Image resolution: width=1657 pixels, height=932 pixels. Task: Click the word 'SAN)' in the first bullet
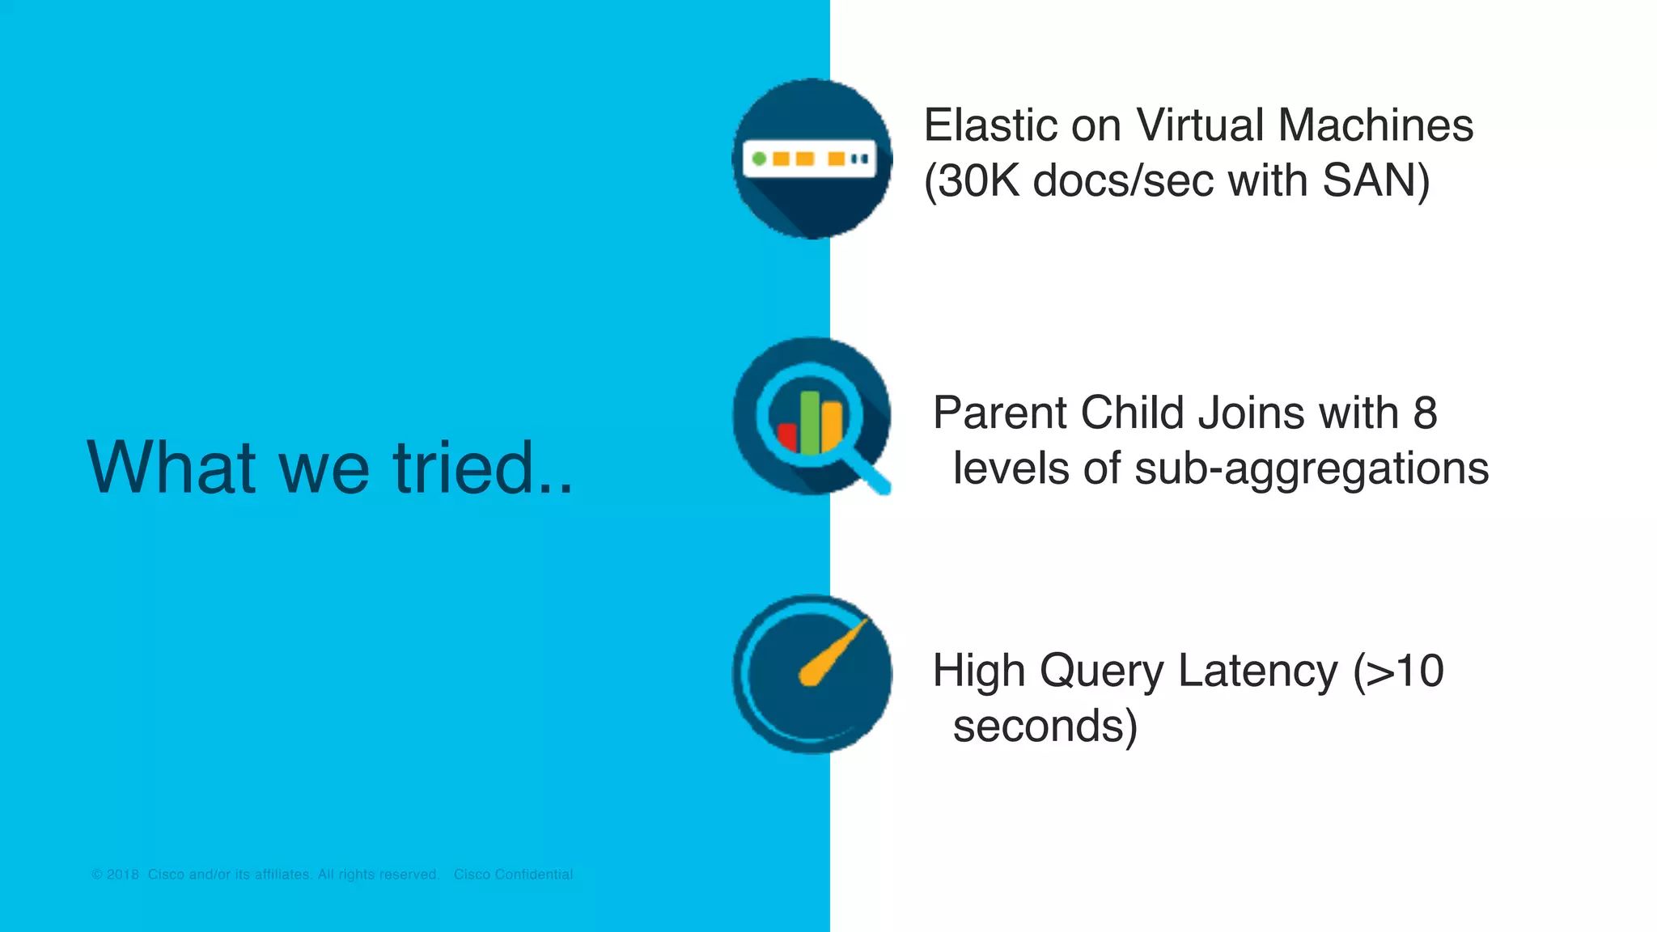[x=1375, y=180]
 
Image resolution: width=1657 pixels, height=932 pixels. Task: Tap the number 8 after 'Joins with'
[x=1425, y=413]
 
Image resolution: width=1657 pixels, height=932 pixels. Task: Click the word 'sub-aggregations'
[x=1312, y=469]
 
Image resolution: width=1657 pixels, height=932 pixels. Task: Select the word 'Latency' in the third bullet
[x=1258, y=671]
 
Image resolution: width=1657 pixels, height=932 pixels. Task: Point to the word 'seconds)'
[x=1045, y=726]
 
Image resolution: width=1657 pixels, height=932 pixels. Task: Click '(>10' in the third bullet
[x=1398, y=671]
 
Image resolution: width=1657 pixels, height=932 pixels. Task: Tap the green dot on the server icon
[x=759, y=159]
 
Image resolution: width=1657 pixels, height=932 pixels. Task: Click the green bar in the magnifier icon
[x=810, y=422]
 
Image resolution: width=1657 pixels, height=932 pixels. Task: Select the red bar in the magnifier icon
[x=786, y=437]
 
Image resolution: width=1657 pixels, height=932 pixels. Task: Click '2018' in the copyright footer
[x=123, y=875]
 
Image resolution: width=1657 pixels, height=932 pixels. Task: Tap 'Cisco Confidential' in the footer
[x=513, y=875]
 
